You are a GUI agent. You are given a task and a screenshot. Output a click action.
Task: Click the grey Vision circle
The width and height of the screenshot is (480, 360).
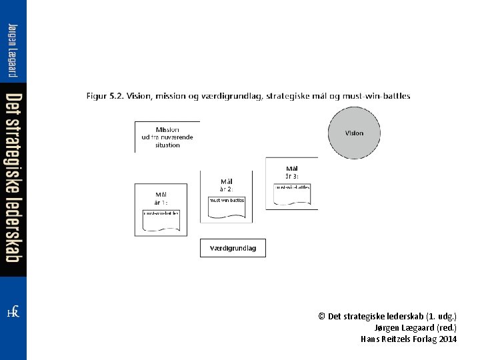[354, 133]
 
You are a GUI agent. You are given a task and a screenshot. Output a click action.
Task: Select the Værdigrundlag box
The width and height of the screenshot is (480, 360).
[233, 248]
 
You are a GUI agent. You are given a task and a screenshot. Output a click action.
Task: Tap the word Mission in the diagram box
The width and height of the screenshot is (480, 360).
[167, 129]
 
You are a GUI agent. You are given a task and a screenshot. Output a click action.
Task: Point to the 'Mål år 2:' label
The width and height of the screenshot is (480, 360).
[227, 185]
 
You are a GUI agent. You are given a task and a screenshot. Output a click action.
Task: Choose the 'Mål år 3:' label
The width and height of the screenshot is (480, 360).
[292, 172]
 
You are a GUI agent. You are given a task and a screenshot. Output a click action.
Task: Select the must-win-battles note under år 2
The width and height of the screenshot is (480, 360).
[227, 207]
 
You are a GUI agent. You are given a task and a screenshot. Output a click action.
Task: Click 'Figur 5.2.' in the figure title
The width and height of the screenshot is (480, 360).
[105, 96]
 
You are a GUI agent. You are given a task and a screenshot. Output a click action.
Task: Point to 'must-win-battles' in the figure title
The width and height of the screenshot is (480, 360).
[377, 96]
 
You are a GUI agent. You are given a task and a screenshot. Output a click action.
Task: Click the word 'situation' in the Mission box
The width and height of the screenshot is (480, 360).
[167, 145]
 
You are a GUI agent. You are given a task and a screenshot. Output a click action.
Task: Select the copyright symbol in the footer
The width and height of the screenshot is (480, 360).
[322, 316]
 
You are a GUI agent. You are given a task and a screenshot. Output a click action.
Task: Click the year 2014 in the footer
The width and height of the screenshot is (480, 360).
[448, 339]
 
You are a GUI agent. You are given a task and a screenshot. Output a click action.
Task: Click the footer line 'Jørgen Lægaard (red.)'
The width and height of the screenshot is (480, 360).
[416, 327]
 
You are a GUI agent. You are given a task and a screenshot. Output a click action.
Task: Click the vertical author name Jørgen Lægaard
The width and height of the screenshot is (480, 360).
[13, 50]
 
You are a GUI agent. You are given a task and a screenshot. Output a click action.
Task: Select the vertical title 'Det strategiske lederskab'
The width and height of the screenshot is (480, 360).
[13, 177]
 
